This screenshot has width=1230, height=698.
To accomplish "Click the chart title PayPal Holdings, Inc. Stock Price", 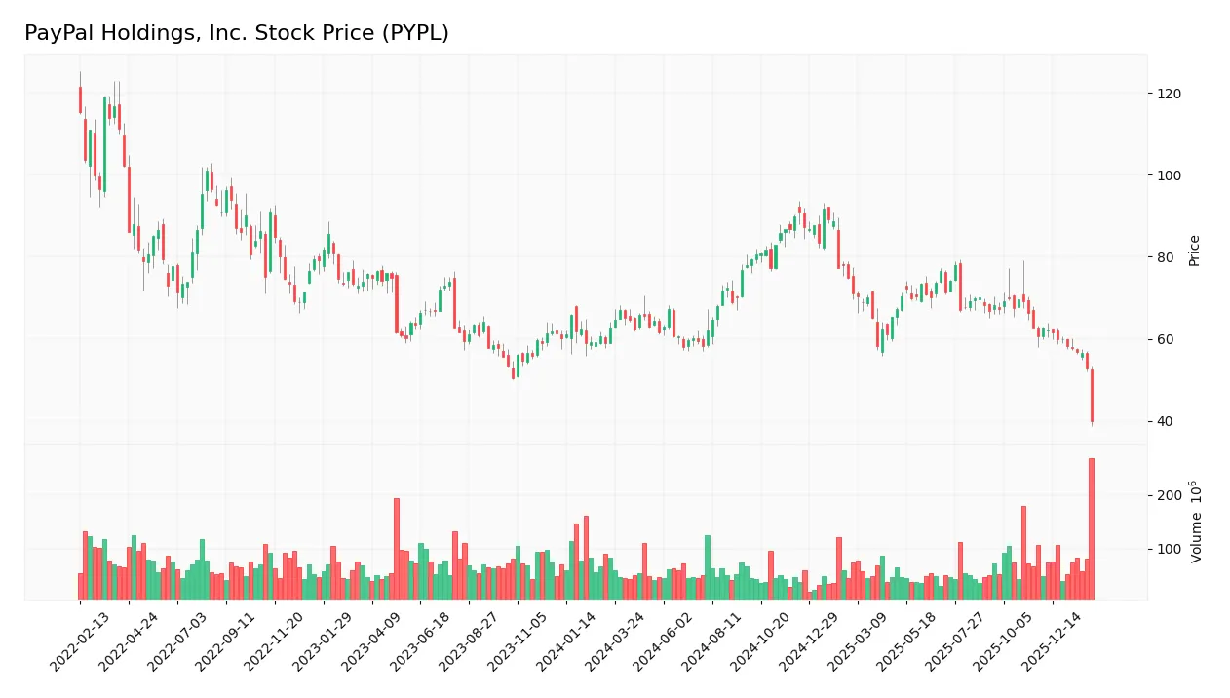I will pyautogui.click(x=237, y=33).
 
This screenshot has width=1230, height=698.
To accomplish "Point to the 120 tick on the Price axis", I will pyautogui.click(x=1168, y=94).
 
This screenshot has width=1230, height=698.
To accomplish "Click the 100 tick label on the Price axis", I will pyautogui.click(x=1168, y=175).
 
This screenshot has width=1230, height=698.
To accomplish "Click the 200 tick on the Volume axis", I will pyautogui.click(x=1168, y=495).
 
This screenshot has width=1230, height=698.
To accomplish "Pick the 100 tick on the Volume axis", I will pyautogui.click(x=1168, y=550).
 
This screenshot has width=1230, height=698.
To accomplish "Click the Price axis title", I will pyautogui.click(x=1194, y=251).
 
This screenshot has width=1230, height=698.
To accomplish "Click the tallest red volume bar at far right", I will pyautogui.click(x=1092, y=528).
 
